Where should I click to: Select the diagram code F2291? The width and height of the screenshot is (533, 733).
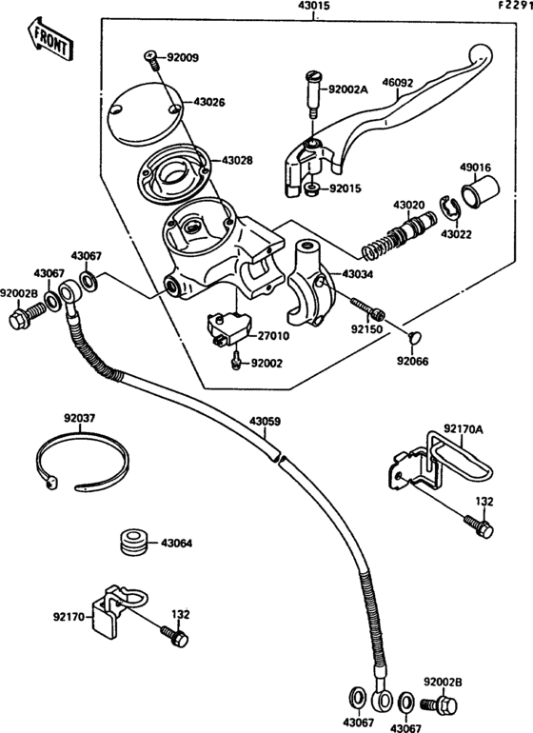click(x=513, y=7)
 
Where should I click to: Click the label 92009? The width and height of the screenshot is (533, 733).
click(x=182, y=58)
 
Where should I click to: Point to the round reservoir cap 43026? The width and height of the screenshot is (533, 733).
click(x=144, y=115)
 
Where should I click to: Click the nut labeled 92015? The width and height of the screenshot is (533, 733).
click(x=311, y=188)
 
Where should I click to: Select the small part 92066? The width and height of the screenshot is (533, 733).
click(x=413, y=336)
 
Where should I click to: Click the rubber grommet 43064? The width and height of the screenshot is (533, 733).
click(x=134, y=543)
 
